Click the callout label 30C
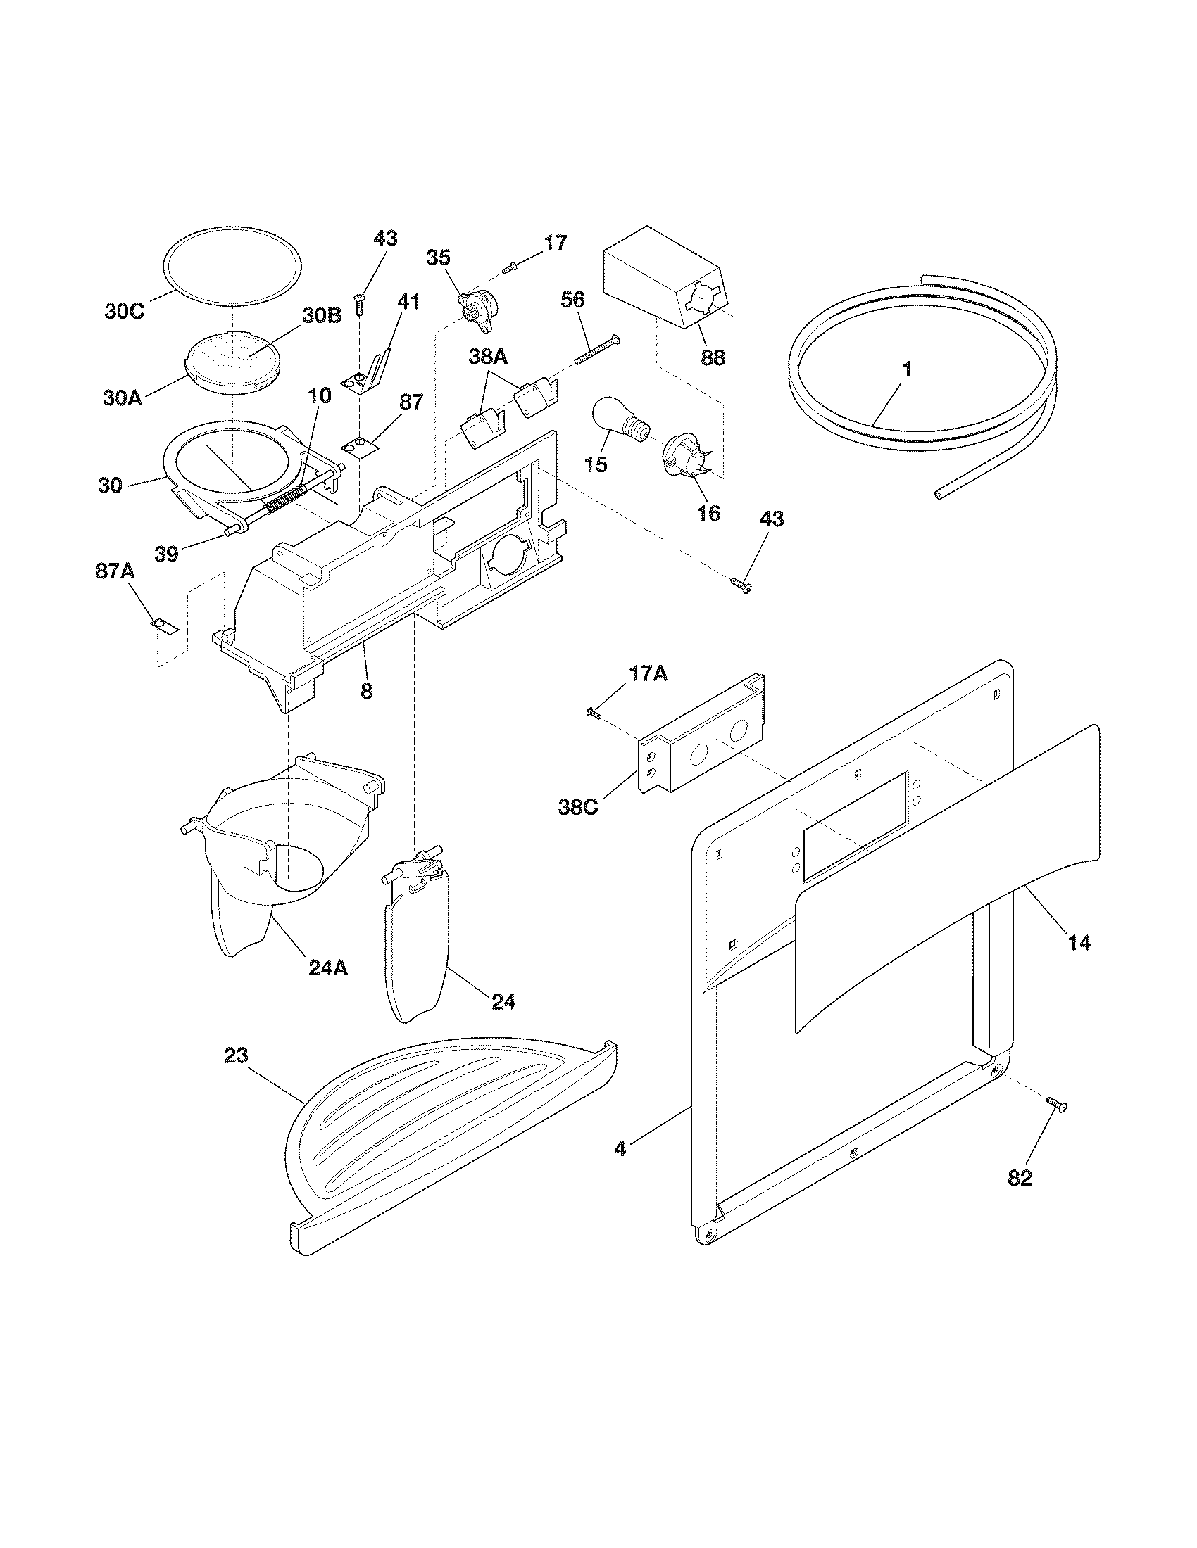click(x=124, y=310)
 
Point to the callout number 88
click(x=713, y=357)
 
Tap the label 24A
click(x=327, y=967)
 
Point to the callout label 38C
click(x=578, y=807)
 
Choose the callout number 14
click(x=1079, y=942)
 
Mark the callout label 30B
click(x=322, y=316)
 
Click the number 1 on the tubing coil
click(x=907, y=369)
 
